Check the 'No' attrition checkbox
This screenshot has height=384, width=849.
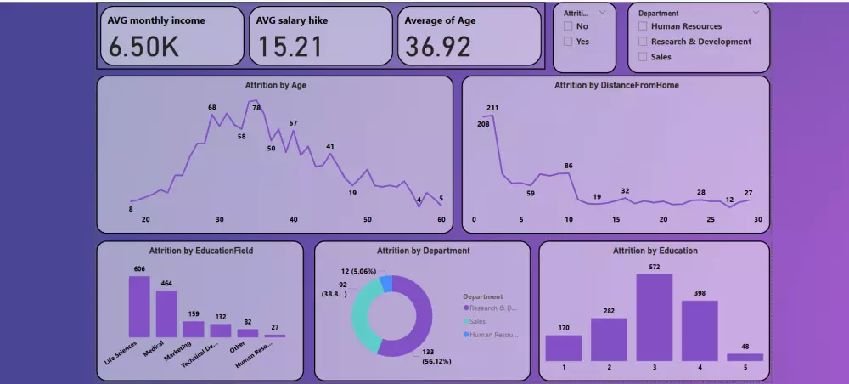tap(568, 26)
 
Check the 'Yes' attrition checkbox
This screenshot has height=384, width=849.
tap(568, 42)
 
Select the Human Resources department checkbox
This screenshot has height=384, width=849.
tap(643, 26)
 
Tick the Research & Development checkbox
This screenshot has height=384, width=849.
tap(643, 42)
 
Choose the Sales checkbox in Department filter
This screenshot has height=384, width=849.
tap(643, 57)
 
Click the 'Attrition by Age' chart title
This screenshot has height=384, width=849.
tap(273, 85)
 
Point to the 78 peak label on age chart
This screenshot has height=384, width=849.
tap(256, 108)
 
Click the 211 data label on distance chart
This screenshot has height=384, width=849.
tap(492, 108)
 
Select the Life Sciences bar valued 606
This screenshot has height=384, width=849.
tap(139, 307)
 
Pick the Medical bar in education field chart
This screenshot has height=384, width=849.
tap(166, 313)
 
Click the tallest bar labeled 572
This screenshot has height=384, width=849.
tap(654, 318)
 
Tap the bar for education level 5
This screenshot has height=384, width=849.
tap(745, 357)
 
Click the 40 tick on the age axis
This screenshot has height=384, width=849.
tap(294, 220)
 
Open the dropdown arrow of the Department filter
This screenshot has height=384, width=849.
tap(756, 13)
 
